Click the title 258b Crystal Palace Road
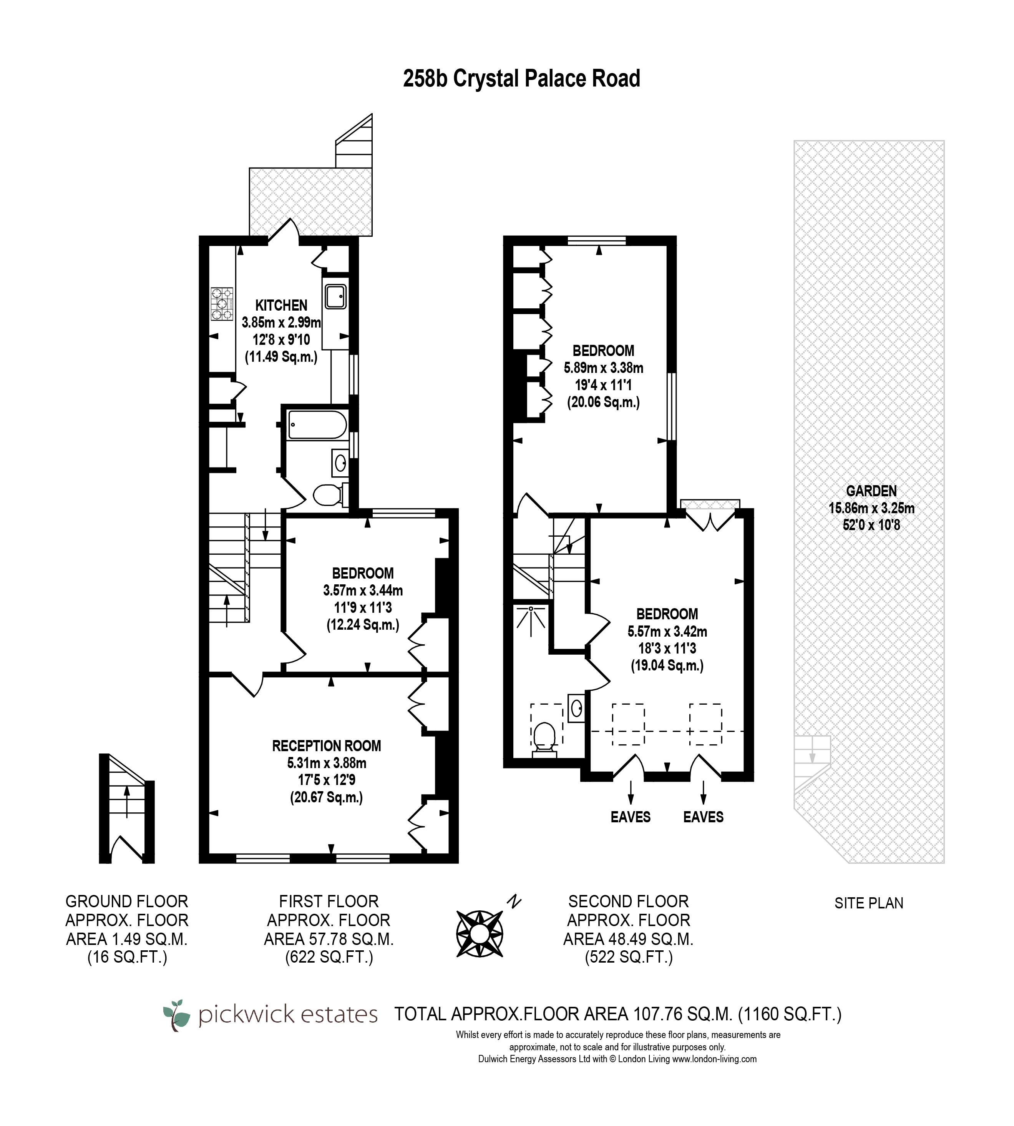pos(521,78)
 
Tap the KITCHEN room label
pos(281,306)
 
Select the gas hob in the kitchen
pos(222,304)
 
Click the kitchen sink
pos(335,296)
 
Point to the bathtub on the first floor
pos(317,425)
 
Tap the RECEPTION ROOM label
pos(327,746)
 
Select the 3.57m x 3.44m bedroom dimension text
pos(363,590)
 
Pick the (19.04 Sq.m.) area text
pos(667,665)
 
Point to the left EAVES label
pos(631,817)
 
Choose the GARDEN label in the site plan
pos(871,491)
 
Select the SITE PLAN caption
pos(869,903)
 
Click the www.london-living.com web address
pos(714,1059)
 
